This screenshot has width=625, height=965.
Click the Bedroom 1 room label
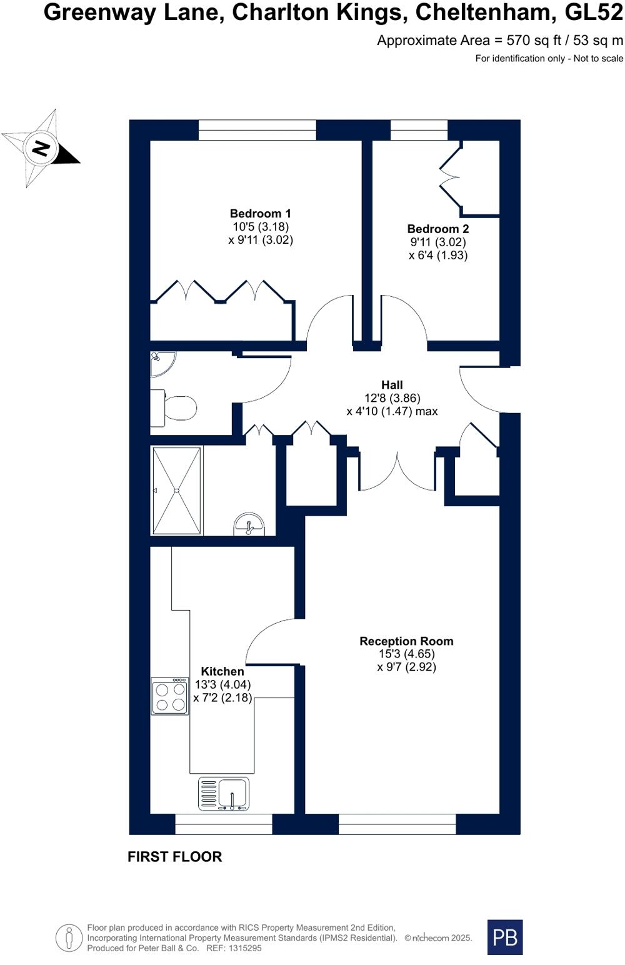click(x=261, y=214)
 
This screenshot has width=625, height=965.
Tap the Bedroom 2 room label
click(x=437, y=229)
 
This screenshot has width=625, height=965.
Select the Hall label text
click(x=392, y=385)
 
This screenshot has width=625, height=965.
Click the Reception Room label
click(x=406, y=641)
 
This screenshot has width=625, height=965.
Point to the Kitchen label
click(x=222, y=672)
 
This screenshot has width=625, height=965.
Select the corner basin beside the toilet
click(x=161, y=363)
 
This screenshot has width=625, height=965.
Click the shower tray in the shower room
click(x=177, y=491)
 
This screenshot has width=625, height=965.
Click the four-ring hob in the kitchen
click(x=170, y=696)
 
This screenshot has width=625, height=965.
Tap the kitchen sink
click(x=224, y=794)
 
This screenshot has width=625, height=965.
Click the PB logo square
click(x=505, y=937)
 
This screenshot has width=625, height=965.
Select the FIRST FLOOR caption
click(x=174, y=857)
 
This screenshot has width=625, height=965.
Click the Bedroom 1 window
click(x=257, y=130)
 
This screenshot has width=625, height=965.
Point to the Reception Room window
click(x=397, y=824)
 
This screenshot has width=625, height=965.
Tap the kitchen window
click(x=224, y=824)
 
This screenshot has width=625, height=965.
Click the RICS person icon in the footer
click(x=69, y=937)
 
